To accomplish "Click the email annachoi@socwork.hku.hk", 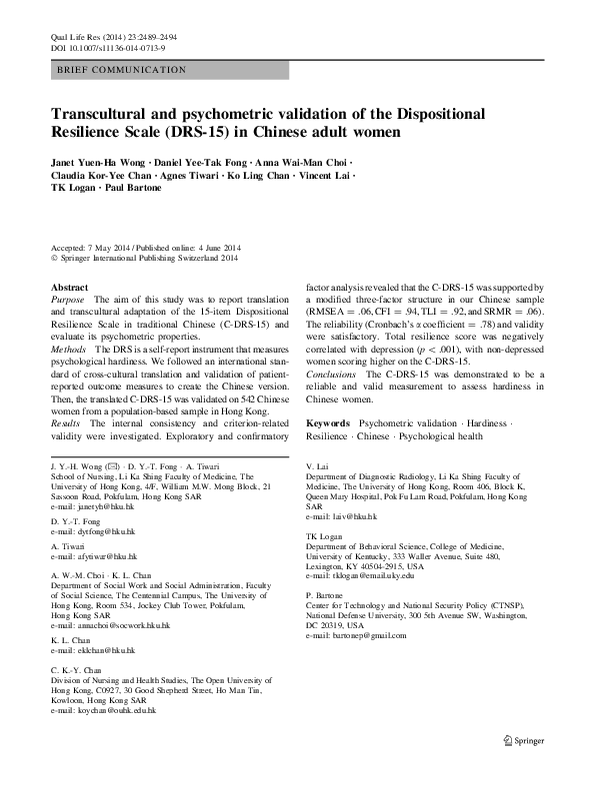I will click(x=121, y=624).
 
